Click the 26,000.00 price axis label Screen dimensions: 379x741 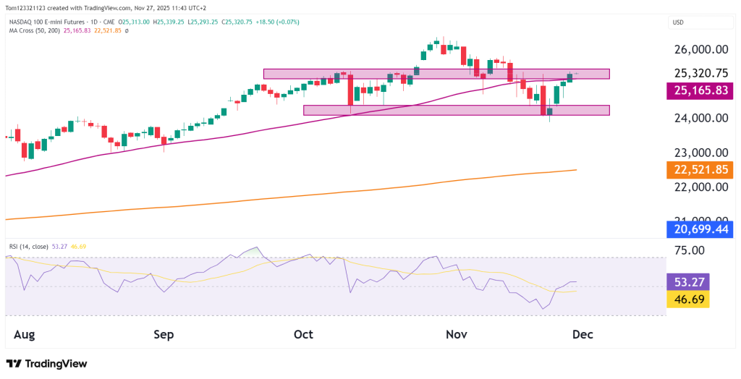pos(700,50)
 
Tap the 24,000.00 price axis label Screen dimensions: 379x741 pos(700,119)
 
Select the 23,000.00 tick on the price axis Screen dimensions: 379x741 pos(700,153)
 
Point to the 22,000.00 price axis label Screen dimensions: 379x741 pos(700,187)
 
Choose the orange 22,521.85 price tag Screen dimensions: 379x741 pos(700,170)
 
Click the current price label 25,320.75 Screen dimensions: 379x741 pos(700,73)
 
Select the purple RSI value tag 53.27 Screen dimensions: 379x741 pos(687,281)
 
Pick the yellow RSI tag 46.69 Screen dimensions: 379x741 pos(687,298)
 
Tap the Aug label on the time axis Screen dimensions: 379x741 pos(25,335)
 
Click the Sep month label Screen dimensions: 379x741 pos(164,335)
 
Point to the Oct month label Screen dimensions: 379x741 pos(303,335)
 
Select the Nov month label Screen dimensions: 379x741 pos(457,335)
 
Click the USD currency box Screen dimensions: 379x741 pos(679,22)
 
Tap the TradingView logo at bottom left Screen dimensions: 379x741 pos(46,364)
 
